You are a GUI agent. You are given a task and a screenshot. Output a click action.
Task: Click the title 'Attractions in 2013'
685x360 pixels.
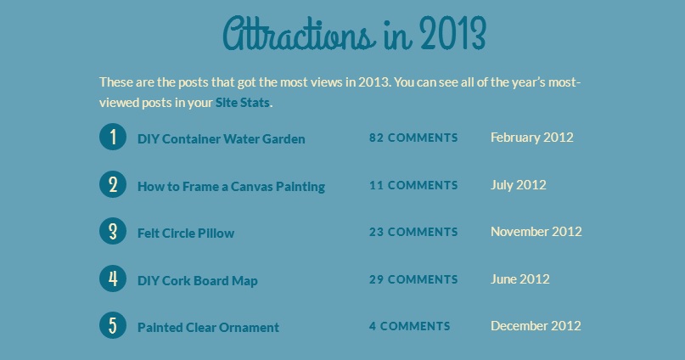point(354,34)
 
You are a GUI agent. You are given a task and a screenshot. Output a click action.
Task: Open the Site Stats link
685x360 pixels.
point(243,103)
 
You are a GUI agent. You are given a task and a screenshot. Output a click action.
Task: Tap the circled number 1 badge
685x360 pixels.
point(113,137)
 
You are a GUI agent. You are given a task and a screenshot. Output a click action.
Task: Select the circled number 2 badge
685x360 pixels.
point(113,184)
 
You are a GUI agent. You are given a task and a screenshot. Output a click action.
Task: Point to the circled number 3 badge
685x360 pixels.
point(113,231)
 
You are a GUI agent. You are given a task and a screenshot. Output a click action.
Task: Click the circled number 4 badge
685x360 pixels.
point(113,278)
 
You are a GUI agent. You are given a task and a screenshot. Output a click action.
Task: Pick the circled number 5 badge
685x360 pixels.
point(113,325)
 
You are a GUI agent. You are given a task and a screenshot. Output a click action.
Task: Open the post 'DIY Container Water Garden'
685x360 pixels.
point(222,139)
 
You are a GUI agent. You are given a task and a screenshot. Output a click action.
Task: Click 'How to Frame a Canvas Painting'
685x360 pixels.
point(231,187)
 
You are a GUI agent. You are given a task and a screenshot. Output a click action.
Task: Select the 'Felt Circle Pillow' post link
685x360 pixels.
point(186,233)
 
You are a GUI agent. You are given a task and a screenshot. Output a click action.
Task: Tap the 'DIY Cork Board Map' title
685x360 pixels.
point(198,280)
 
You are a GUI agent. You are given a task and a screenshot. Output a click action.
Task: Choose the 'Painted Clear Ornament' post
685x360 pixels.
point(208,328)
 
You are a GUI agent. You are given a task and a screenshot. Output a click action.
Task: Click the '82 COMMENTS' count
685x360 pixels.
point(413,138)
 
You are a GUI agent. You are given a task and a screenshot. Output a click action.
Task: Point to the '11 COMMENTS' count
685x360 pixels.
point(413,185)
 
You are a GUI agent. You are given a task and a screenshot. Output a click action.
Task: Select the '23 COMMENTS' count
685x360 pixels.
point(413,232)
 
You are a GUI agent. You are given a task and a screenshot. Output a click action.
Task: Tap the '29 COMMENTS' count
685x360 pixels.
point(413,279)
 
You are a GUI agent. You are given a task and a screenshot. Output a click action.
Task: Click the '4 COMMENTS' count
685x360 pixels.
point(409,326)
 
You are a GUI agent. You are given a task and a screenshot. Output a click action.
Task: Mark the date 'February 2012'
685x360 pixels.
point(532,138)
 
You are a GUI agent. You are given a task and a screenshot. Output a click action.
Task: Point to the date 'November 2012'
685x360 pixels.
point(536,232)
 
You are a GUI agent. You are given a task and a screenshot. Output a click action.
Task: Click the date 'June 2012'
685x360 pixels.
point(519,279)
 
